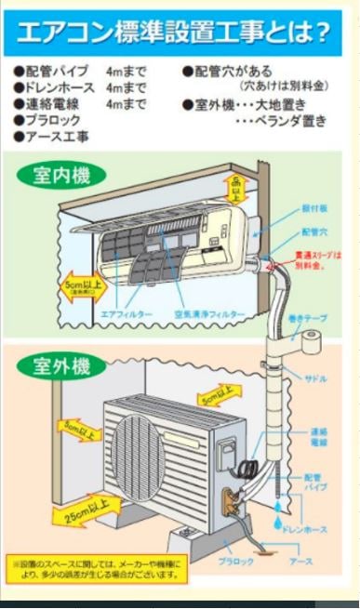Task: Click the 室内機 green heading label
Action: coord(60,176)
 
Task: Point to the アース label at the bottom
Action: coord(299,563)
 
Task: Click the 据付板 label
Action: coord(313,210)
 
